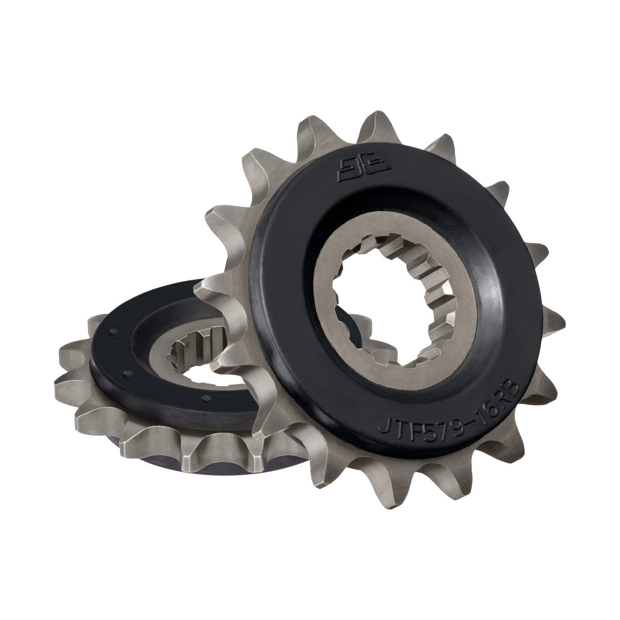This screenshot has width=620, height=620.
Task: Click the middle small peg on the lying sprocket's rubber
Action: (123, 370)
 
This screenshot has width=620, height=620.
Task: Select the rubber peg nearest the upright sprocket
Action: (206, 397)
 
